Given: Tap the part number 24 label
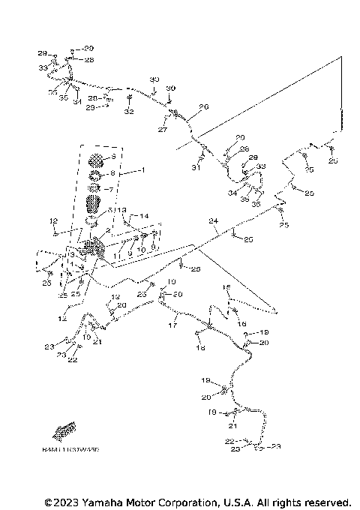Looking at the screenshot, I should click(213, 221).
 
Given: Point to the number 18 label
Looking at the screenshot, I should click(200, 349).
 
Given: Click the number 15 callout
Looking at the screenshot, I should click(226, 288).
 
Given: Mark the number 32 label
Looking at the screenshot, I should click(129, 112).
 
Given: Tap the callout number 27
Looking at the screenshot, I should click(162, 130).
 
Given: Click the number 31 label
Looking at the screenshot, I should click(197, 167).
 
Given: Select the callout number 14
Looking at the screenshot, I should click(145, 215).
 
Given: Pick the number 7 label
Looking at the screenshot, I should click(112, 189).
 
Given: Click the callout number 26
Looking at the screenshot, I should click(203, 106).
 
